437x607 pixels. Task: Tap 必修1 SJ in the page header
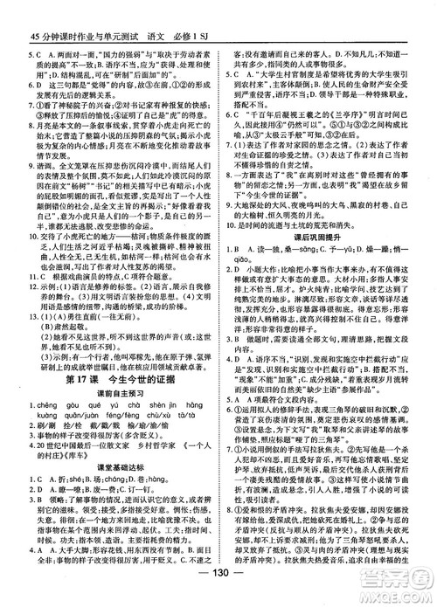tap(219, 11)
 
